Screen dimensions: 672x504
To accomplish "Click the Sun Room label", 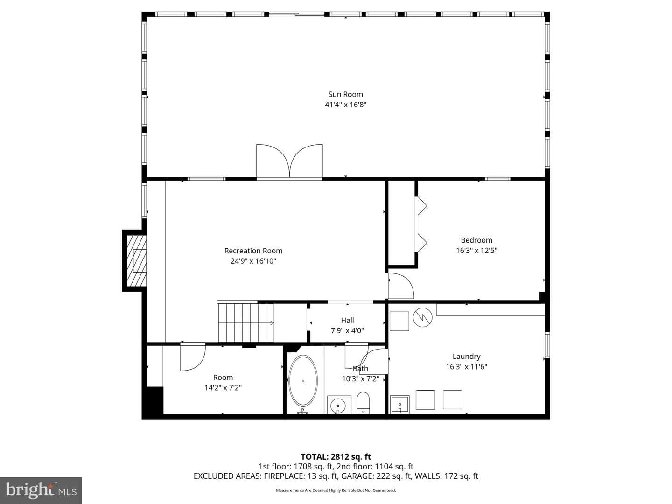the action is (345, 94).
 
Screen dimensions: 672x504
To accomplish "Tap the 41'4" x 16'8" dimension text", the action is (345, 105).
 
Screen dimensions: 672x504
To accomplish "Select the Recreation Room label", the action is (253, 251).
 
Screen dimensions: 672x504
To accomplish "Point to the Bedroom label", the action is (476, 240).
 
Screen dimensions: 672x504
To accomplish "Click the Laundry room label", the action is (466, 357).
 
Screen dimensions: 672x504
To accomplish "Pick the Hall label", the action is (347, 320).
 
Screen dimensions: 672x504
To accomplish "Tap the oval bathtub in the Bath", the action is (303, 381).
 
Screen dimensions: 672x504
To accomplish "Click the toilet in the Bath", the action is (363, 403).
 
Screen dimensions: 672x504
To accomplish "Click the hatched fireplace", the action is (137, 260).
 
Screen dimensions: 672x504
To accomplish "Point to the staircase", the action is (246, 322).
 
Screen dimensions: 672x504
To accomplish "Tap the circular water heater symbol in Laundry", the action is (422, 317).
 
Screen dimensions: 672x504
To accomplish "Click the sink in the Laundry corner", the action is (399, 405).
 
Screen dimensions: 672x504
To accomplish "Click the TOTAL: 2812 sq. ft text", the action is (336, 457).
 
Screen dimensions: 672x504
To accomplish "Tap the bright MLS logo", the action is (41, 490).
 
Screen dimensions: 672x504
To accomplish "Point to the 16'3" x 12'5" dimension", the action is (476, 250).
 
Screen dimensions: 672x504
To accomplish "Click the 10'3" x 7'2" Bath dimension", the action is (360, 379).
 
